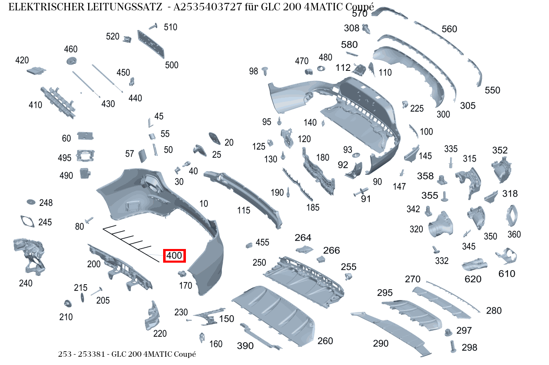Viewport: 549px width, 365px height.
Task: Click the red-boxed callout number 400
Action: coord(174,256)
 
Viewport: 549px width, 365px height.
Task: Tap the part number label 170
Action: coord(185,285)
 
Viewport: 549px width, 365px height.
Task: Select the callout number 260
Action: coord(325,341)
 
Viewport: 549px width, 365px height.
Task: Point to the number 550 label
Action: coord(492,90)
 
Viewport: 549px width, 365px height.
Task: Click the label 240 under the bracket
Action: coord(26,283)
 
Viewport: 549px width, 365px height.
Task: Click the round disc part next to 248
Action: coord(31,202)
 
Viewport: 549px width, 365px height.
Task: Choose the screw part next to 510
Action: coord(153,27)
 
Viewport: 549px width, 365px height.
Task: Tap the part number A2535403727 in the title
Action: coord(207,7)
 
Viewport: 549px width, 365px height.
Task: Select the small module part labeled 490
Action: coord(86,173)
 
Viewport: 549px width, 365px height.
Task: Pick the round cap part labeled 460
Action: coord(72,60)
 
